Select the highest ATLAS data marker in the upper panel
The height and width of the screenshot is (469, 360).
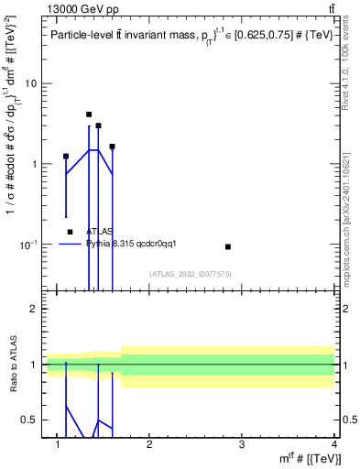click(89, 115)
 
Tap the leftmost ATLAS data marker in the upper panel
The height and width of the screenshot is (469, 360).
click(66, 157)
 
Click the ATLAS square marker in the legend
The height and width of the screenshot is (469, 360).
click(71, 232)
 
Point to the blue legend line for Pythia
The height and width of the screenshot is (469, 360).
click(71, 244)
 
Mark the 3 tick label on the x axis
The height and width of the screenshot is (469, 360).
click(241, 445)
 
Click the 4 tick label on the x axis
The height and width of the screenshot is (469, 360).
click(333, 445)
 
